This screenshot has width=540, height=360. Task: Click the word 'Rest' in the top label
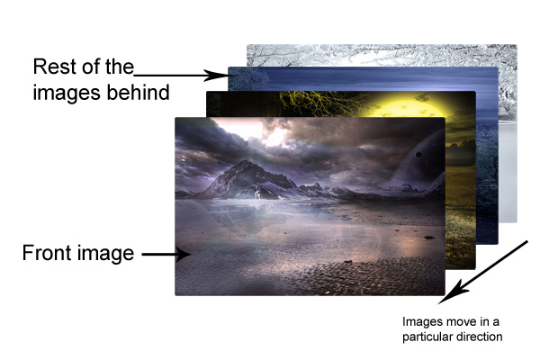point(52,67)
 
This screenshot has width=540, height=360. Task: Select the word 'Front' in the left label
point(46,253)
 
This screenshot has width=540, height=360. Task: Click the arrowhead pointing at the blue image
point(216,75)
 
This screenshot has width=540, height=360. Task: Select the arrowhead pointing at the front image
point(183,255)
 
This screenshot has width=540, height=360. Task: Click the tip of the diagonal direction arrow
point(438,304)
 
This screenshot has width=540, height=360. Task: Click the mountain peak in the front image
point(246,161)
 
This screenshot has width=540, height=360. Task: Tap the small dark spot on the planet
point(418,155)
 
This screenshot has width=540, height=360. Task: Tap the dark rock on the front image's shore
point(429,238)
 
